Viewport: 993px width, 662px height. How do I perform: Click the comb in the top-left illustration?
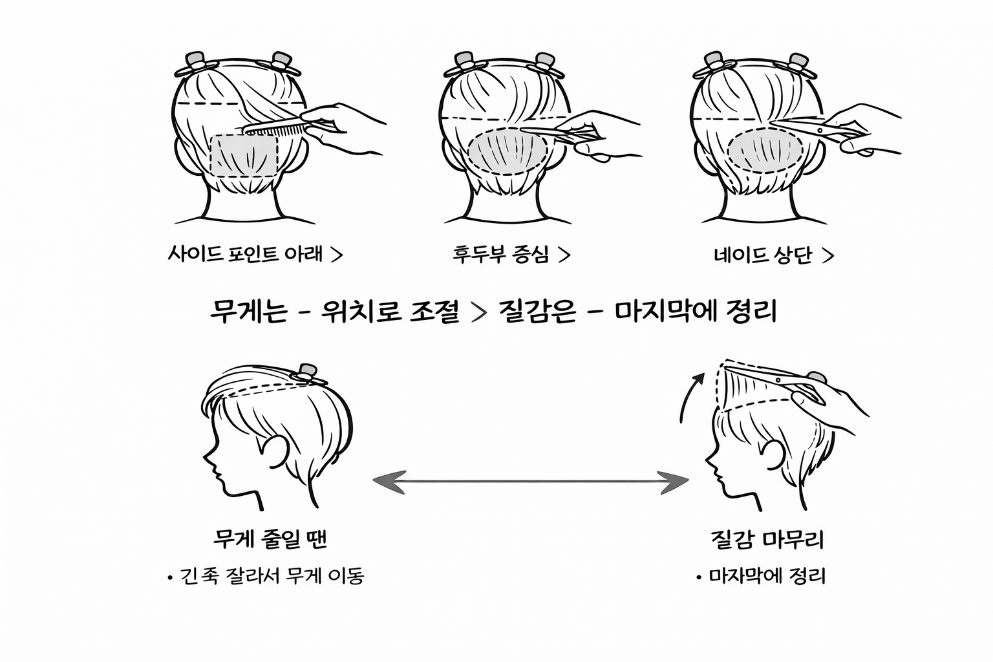tap(275, 128)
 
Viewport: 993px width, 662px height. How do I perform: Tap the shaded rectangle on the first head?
tap(244, 156)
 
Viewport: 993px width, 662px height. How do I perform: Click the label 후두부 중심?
tap(502, 254)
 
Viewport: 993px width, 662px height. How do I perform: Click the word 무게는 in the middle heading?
tap(248, 312)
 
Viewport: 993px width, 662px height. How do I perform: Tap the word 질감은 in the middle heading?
tap(537, 312)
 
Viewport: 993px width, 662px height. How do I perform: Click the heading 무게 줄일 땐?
tap(270, 539)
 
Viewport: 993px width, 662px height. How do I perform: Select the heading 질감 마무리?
tap(767, 539)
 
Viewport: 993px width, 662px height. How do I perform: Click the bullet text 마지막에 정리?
tap(767, 575)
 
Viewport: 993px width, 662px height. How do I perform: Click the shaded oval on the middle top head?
tap(508, 153)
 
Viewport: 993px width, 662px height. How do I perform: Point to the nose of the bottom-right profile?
tap(708, 462)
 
